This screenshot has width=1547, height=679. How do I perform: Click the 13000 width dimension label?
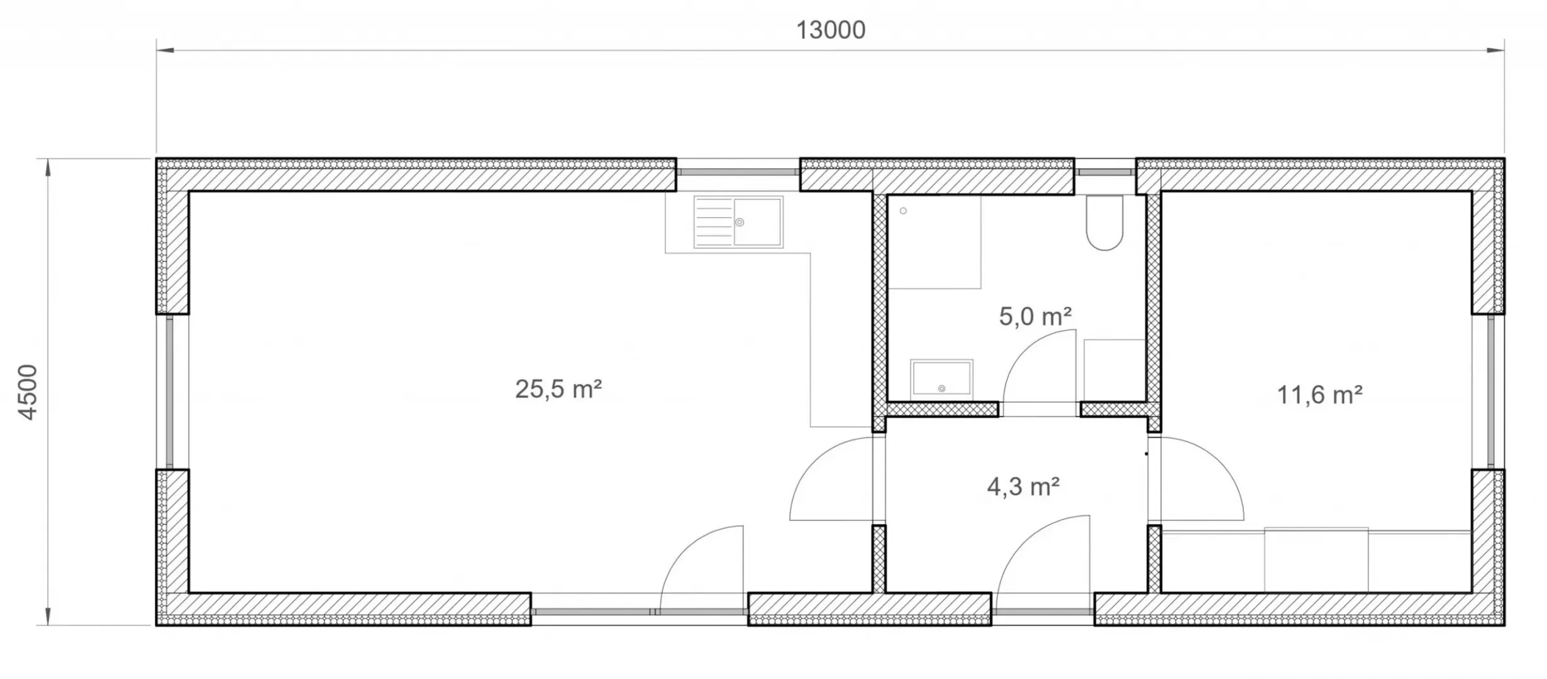coord(831,30)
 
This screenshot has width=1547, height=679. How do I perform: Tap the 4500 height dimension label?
coord(28,392)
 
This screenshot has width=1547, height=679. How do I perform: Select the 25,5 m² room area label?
coord(558,389)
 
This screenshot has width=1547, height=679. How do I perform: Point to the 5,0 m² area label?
coord(1035,316)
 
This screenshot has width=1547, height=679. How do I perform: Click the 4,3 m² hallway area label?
coord(1023,487)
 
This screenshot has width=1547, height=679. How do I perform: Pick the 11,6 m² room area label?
coord(1319,395)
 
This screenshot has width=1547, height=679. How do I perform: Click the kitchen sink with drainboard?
coord(738,222)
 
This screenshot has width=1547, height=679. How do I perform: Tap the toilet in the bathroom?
coord(1104,223)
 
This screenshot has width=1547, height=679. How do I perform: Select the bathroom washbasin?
coord(941,378)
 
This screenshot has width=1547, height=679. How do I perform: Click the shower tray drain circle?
coord(904,211)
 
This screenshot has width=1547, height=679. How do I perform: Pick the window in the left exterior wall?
coord(170,392)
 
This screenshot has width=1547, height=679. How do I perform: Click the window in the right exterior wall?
coord(1491,392)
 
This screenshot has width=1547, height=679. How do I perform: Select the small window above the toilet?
coord(1105,172)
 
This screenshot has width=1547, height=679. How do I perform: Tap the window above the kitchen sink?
coord(738,172)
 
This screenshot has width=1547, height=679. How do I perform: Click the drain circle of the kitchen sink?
coord(740,222)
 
